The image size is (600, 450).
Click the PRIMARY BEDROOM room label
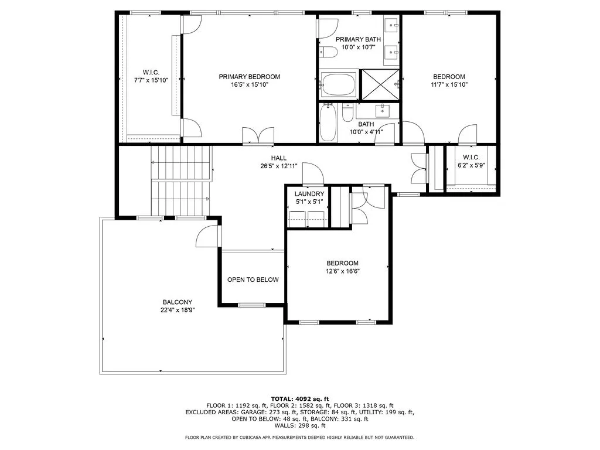[x=249, y=77]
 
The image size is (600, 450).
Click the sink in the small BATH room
[x=383, y=110]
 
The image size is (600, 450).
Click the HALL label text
[x=278, y=158]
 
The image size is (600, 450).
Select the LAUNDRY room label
[x=309, y=194]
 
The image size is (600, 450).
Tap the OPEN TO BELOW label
[x=253, y=279]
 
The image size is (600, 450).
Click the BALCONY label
[x=178, y=302]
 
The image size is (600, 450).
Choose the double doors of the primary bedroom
[x=258, y=135]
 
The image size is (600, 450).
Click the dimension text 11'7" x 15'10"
[x=449, y=84]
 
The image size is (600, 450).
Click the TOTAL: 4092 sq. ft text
[x=299, y=398]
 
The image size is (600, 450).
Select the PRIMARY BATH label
[x=358, y=39]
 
